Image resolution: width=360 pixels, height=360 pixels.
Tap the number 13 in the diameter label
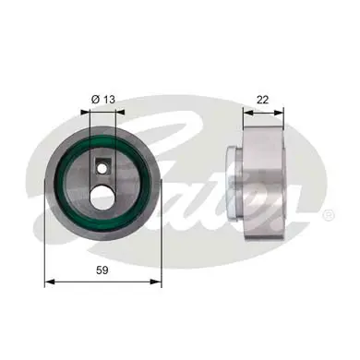108,100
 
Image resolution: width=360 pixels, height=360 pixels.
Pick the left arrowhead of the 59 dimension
49,283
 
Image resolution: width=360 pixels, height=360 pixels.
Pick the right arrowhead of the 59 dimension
159,283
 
